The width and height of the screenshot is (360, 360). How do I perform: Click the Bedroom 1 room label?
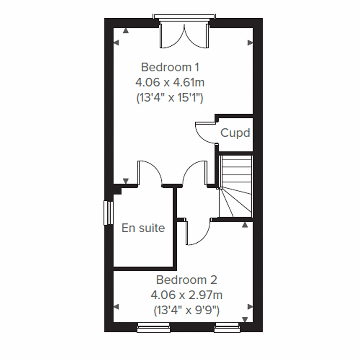170,67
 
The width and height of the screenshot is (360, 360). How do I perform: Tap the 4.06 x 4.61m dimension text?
170,82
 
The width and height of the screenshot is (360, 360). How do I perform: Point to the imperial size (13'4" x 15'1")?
170,98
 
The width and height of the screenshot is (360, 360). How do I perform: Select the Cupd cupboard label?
235,133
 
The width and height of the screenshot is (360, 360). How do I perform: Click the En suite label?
143,228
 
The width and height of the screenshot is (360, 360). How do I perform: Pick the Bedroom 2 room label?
186,280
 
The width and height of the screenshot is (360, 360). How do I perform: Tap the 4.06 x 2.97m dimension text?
186,295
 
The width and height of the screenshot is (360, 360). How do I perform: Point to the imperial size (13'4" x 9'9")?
186,310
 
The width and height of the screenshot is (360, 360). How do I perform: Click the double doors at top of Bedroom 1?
184,36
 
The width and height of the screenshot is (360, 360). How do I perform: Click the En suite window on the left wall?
108,212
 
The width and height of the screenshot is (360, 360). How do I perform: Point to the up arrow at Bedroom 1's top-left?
126,31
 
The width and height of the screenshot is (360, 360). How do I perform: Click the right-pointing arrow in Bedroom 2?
250,307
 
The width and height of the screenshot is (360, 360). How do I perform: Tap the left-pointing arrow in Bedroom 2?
117,307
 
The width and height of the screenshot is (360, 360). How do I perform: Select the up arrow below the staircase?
245,224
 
